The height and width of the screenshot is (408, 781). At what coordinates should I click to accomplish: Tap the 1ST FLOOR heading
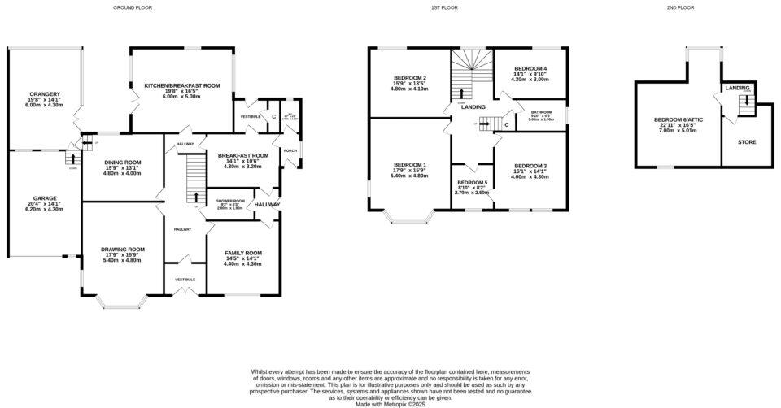click(443, 7)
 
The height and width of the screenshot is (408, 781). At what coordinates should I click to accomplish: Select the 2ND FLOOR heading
click(680, 7)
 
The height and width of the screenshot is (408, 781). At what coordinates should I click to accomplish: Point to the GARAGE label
click(45, 198)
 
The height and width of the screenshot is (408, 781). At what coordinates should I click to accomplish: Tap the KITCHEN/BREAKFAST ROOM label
click(182, 85)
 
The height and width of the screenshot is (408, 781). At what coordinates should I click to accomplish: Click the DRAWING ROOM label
click(123, 250)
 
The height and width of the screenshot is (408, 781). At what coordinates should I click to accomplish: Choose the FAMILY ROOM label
click(242, 253)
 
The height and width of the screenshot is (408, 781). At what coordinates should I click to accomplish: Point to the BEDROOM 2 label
click(409, 78)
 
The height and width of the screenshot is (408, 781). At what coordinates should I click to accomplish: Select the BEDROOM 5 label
click(472, 182)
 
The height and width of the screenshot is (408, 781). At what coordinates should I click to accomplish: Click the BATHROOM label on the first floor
click(542, 112)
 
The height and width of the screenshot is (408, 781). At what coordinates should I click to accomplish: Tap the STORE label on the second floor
click(746, 142)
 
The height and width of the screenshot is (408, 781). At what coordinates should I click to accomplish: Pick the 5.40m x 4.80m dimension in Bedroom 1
click(410, 176)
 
